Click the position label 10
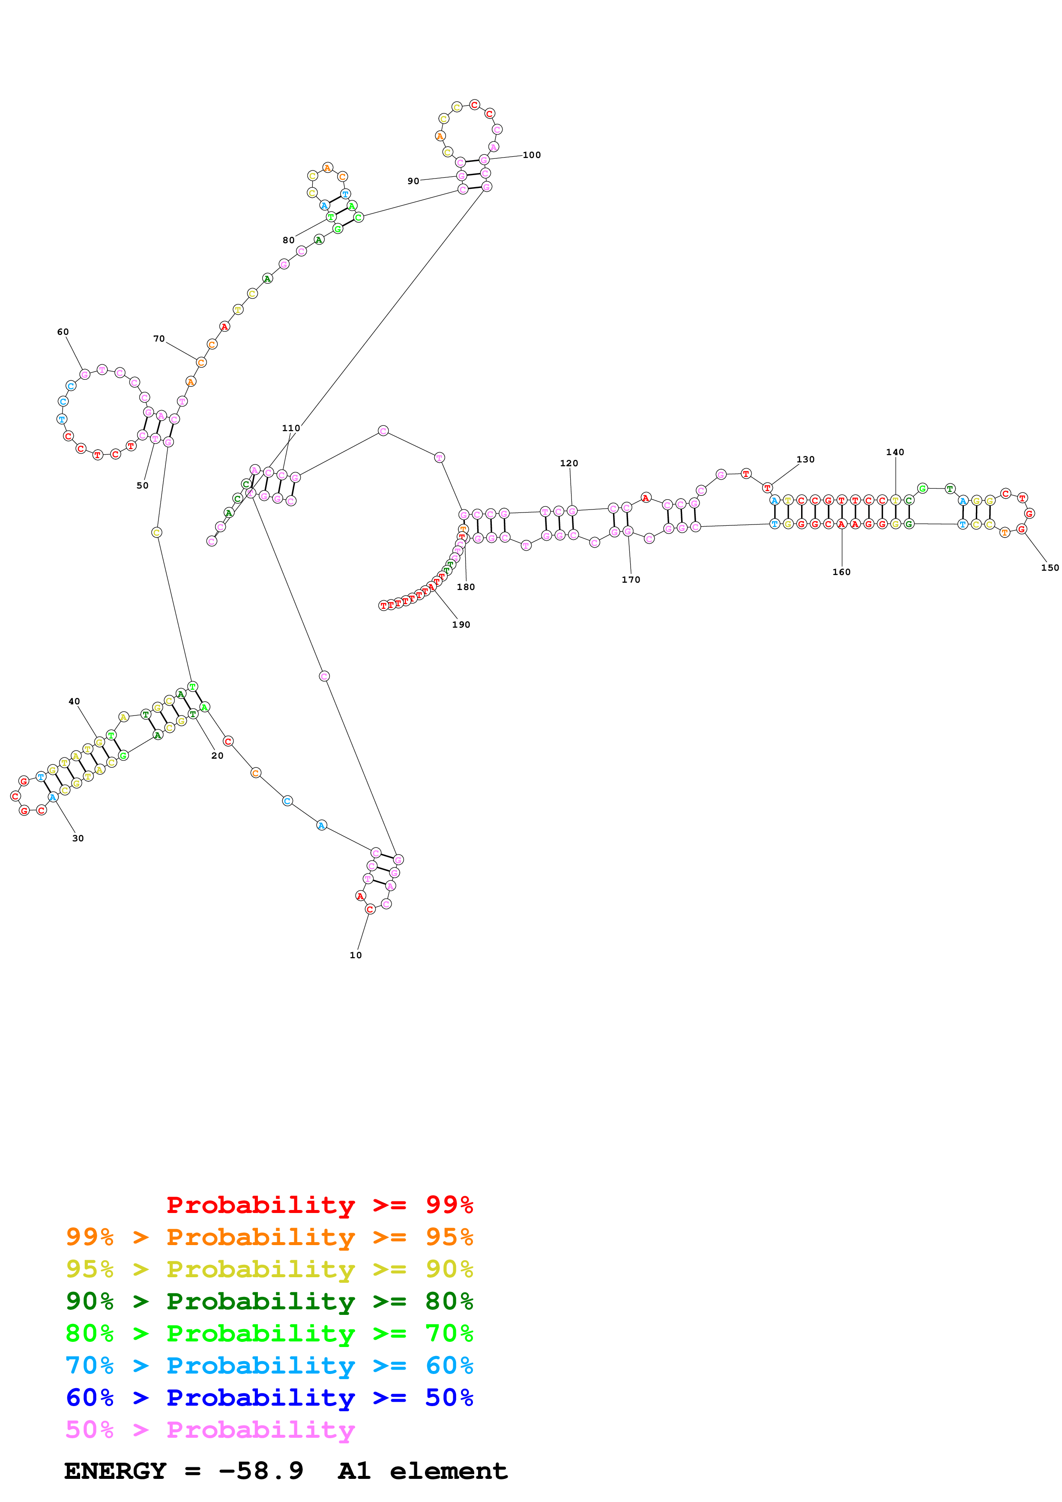pyautogui.click(x=355, y=955)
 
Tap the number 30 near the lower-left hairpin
pyautogui.click(x=78, y=838)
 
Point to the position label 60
pyautogui.click(x=63, y=332)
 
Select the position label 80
pyautogui.click(x=289, y=240)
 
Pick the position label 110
pyautogui.click(x=291, y=428)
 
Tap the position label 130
pyautogui.click(x=805, y=459)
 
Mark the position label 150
pyautogui.click(x=1050, y=568)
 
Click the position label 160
pyautogui.click(x=841, y=572)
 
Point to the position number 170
pyautogui.click(x=631, y=580)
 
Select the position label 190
pyautogui.click(x=461, y=625)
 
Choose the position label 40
pyautogui.click(x=75, y=701)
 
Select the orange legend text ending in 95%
pyautogui.click(x=269, y=1237)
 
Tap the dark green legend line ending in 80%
pyautogui.click(x=269, y=1301)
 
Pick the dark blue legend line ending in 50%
pyautogui.click(x=269, y=1398)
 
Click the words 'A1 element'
pyautogui.click(x=423, y=1471)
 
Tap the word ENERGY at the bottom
pyautogui.click(x=115, y=1471)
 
